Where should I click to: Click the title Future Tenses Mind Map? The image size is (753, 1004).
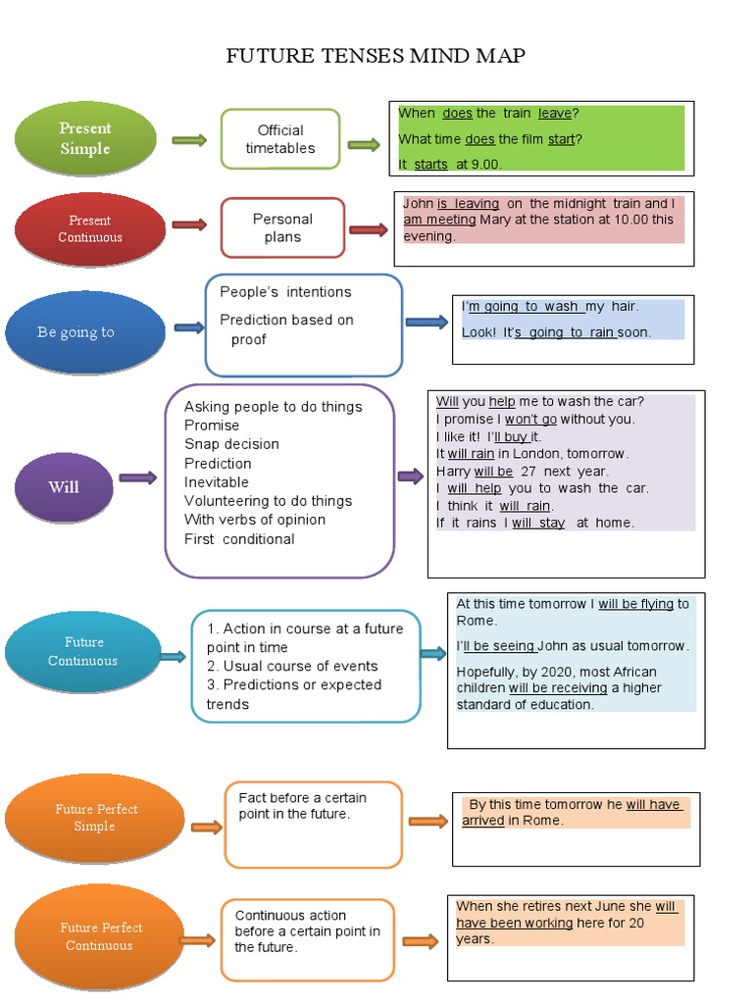(x=376, y=56)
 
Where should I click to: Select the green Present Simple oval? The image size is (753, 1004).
(x=85, y=138)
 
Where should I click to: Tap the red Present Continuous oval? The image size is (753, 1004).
(x=89, y=228)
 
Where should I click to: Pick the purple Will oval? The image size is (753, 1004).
(x=63, y=486)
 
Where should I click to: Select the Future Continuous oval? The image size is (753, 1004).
(x=83, y=651)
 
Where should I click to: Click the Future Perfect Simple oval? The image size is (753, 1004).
(x=95, y=818)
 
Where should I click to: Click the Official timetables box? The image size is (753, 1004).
(x=280, y=139)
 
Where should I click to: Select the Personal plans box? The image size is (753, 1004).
(x=282, y=227)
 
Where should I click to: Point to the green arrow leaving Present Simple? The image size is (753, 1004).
(x=189, y=141)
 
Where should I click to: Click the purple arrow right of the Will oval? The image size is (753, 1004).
(x=137, y=478)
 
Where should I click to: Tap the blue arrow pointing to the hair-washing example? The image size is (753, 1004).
(x=426, y=322)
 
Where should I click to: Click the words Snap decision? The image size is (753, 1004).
(x=231, y=444)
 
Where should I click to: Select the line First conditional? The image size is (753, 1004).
(x=239, y=539)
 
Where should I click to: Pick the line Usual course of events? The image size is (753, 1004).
(x=292, y=666)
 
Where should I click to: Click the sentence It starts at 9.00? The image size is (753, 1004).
(x=449, y=165)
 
